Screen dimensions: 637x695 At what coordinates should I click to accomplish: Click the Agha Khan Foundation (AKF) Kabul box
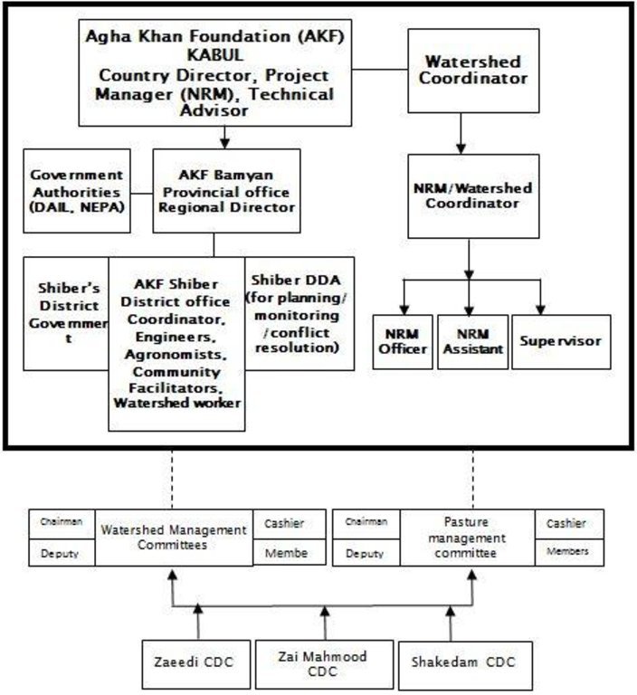215,72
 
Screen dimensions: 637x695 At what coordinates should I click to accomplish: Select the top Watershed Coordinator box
473,71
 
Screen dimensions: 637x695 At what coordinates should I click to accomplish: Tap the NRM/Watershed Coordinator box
473,196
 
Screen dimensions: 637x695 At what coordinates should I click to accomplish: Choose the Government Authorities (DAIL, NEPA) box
77,191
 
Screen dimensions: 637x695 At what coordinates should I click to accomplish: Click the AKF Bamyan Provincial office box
226,191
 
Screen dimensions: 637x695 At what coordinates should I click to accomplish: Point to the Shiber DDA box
299,314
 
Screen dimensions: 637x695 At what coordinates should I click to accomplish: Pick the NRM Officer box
403,342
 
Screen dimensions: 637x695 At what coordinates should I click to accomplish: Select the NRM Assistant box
472,342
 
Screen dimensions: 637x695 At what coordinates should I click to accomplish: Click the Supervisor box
561,342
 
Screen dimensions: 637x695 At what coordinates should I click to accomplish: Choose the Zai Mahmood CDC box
325,664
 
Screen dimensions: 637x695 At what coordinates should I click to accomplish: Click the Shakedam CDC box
465,664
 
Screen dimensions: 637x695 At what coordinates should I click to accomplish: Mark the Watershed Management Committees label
174,538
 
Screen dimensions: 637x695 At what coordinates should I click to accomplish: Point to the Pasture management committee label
467,538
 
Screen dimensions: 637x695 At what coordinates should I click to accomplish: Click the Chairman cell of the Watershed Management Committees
62,524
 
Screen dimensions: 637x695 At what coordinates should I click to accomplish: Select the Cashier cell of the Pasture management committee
570,524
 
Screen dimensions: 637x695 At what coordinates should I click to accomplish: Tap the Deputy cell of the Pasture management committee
366,553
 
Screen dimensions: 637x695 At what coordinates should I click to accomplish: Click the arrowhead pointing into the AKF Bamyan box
224,143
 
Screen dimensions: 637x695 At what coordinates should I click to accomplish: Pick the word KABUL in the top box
215,55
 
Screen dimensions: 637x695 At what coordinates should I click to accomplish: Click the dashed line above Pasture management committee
473,480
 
